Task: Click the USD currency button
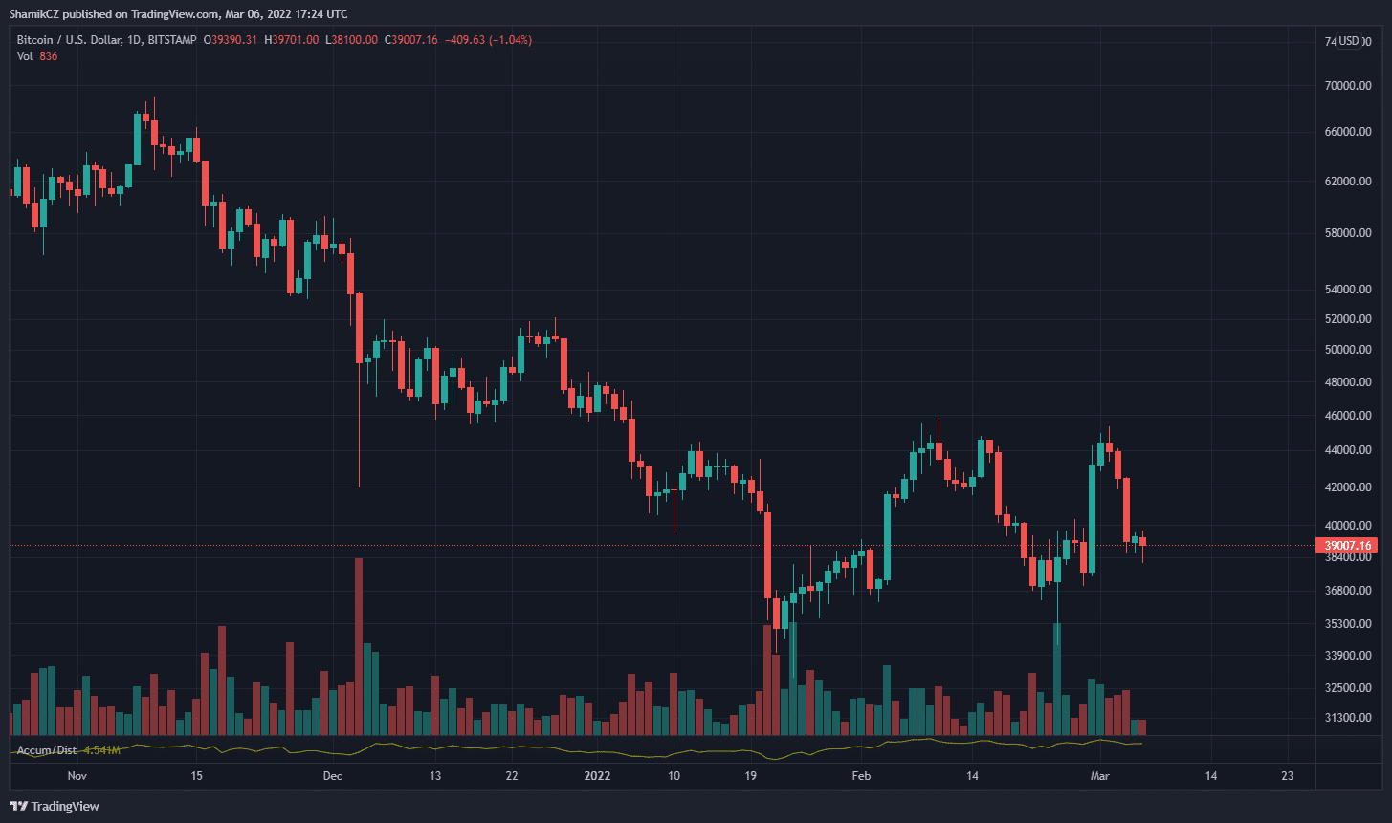coord(1349,41)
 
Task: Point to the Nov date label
coord(77,775)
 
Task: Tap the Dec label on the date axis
coord(332,775)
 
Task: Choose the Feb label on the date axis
coord(862,775)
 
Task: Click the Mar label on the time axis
coord(1100,775)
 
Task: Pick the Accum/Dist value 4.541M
coord(101,750)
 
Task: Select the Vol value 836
coord(49,56)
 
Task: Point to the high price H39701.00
coord(292,40)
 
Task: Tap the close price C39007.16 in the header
coord(411,40)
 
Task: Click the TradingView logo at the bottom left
coord(55,806)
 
